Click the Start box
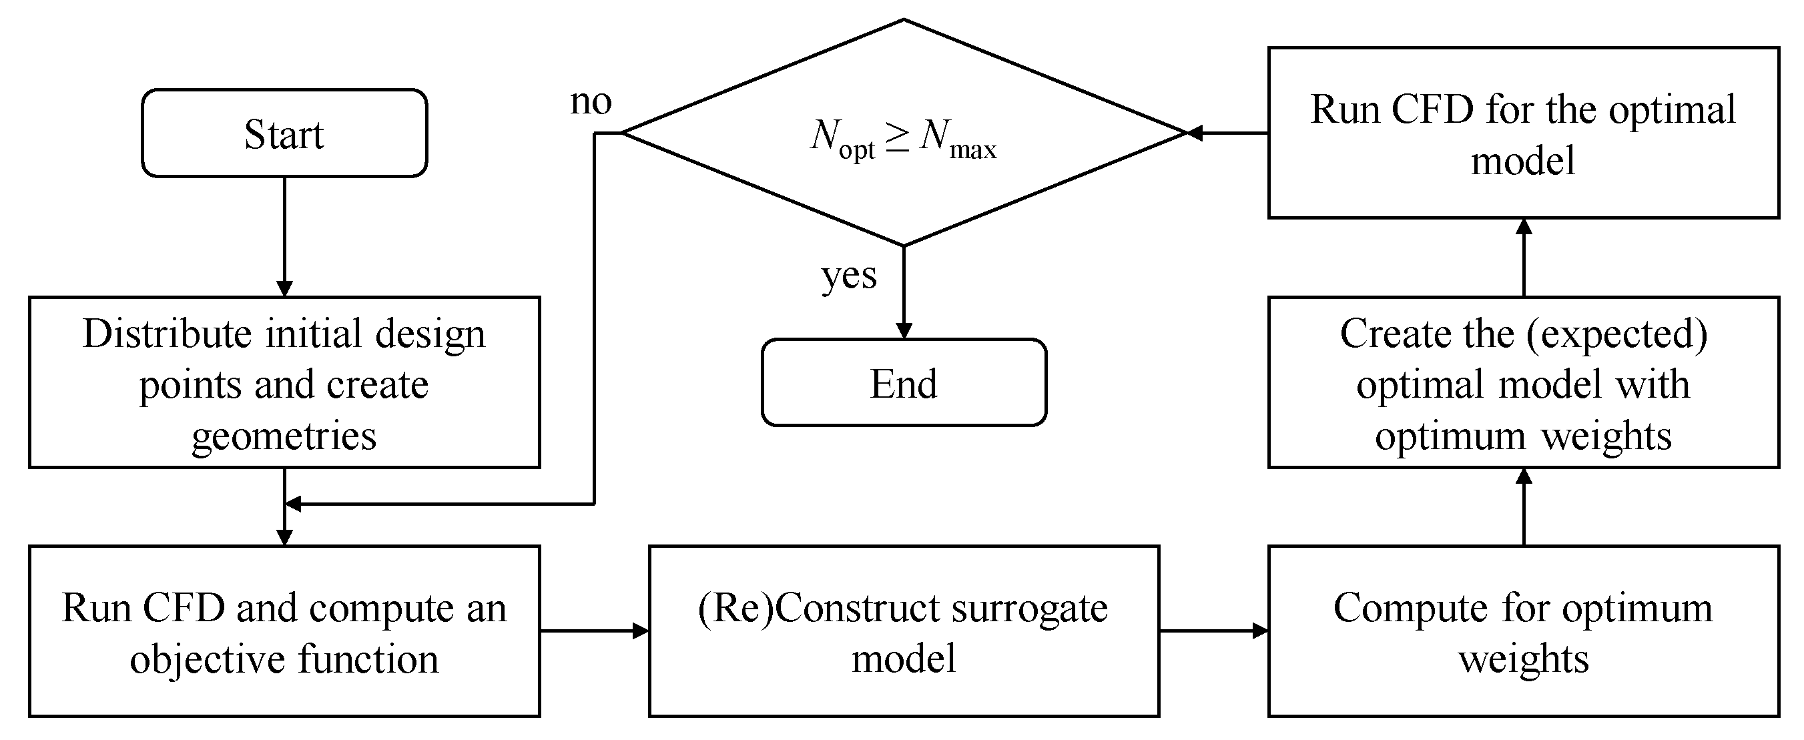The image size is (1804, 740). coord(284,133)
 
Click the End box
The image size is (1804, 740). coord(904,383)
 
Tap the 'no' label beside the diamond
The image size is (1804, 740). coord(591,102)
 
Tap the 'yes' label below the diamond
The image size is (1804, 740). coord(849,275)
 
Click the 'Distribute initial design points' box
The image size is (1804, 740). coord(284,382)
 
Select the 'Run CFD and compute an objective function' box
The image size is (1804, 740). coord(284,631)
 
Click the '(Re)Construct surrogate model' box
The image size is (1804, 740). coord(904,631)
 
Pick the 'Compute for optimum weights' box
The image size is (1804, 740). coord(1523,631)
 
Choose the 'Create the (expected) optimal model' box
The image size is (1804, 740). coord(1523,382)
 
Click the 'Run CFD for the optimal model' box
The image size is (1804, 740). coord(1523,133)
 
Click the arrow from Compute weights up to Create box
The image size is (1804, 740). coord(1524,507)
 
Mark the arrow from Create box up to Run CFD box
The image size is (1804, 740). coord(1524,258)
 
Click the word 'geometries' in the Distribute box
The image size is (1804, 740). coord(284,436)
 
